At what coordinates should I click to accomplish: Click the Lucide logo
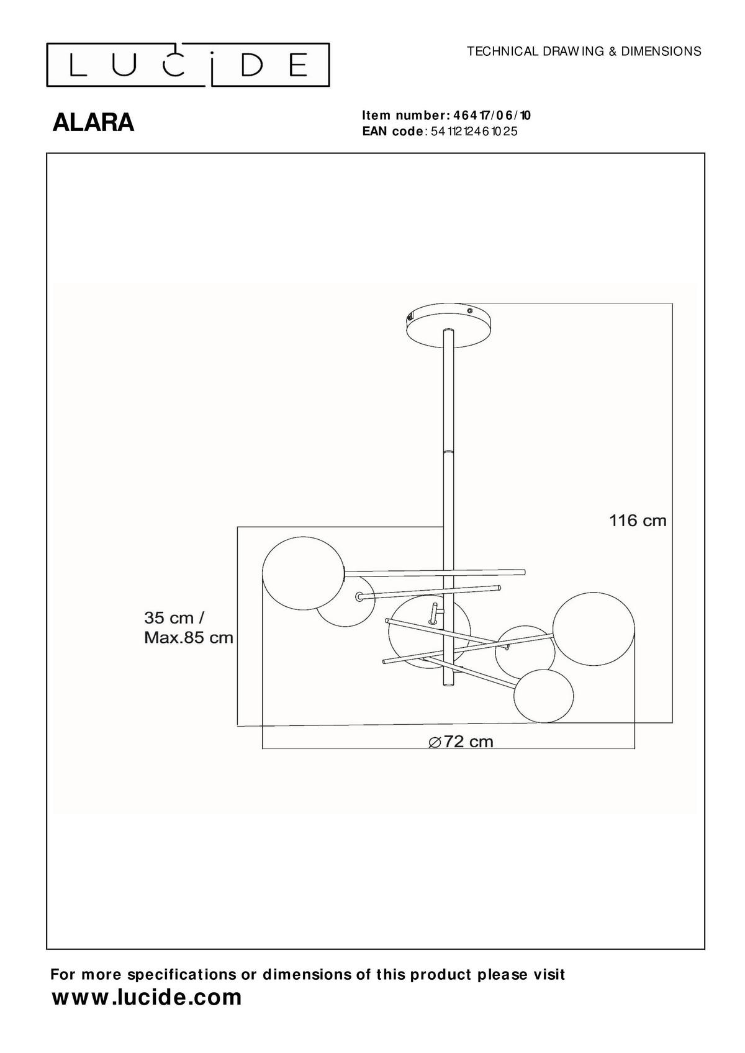tap(187, 64)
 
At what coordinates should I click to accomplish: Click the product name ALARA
tap(93, 123)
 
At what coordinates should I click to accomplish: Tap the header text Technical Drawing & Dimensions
tap(584, 52)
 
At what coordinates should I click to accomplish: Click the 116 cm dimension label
tap(638, 521)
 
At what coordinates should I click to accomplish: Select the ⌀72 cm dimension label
tap(461, 742)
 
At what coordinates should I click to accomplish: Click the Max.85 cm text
tap(189, 637)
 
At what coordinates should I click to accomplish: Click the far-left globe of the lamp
tap(303, 574)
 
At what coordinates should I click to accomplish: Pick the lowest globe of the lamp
tap(544, 696)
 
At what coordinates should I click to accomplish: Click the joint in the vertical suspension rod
tap(448, 451)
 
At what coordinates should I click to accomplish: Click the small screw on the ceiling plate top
tap(470, 310)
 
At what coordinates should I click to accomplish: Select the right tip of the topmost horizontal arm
tap(523, 571)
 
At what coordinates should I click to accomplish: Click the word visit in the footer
tap(549, 974)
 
